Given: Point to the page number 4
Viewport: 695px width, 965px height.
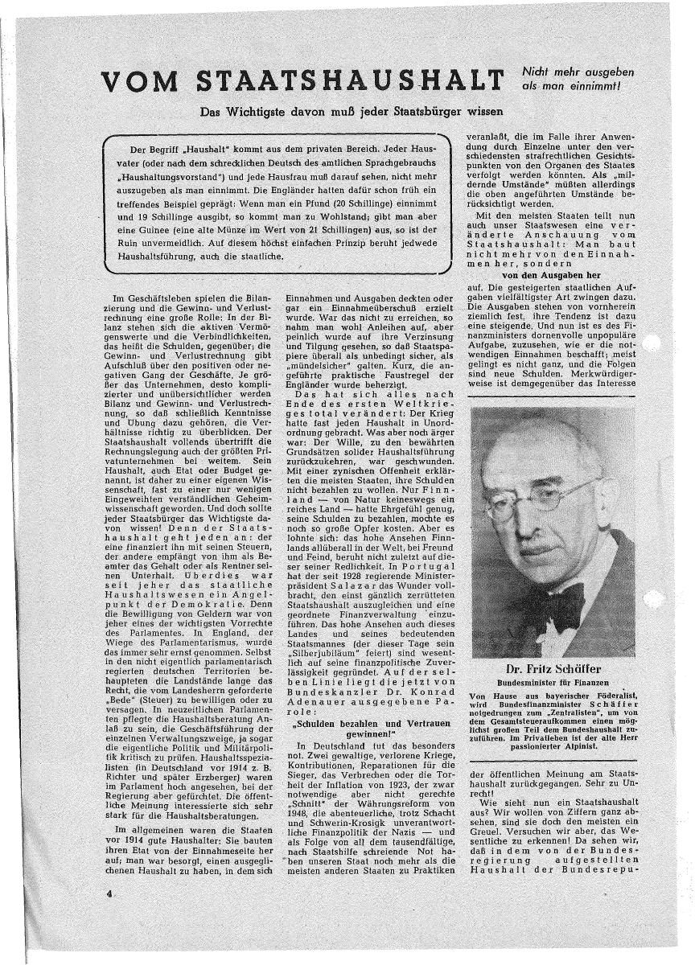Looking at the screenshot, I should pos(106,893).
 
